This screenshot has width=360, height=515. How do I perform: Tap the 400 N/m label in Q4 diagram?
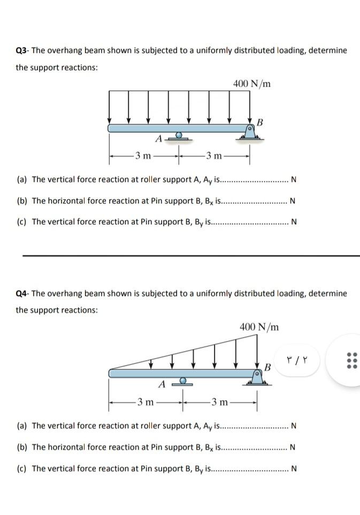tap(259, 327)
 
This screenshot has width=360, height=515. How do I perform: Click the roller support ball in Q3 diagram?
tap(179, 135)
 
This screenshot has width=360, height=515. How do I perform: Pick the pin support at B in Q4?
tap(257, 378)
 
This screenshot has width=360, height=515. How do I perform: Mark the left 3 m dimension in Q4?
tap(145, 402)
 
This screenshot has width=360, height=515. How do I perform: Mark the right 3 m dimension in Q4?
tap(220, 402)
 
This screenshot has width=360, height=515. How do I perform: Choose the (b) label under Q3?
tap(23, 201)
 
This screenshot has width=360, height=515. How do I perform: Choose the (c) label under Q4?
tap(23, 469)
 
